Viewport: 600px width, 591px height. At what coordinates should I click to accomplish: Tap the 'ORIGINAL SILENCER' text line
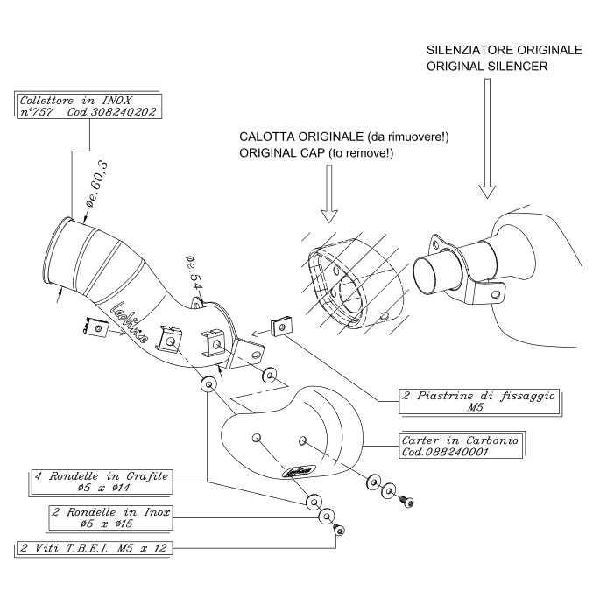pos(484,67)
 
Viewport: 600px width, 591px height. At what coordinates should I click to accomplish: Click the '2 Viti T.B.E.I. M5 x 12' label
pos(95,549)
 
